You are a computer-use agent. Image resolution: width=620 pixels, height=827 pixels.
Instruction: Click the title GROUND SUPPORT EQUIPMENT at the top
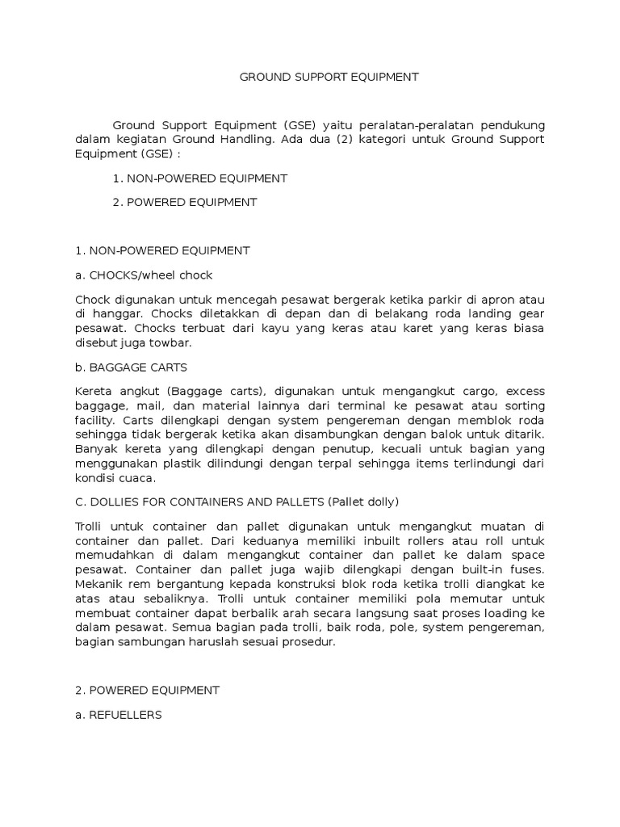pyautogui.click(x=329, y=78)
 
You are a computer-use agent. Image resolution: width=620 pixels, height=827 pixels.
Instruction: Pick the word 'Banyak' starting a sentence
pyautogui.click(x=94, y=449)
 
